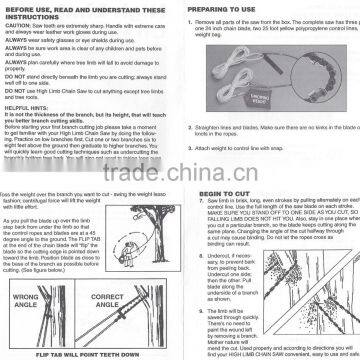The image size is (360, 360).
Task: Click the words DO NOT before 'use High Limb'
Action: [x=13, y=88]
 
